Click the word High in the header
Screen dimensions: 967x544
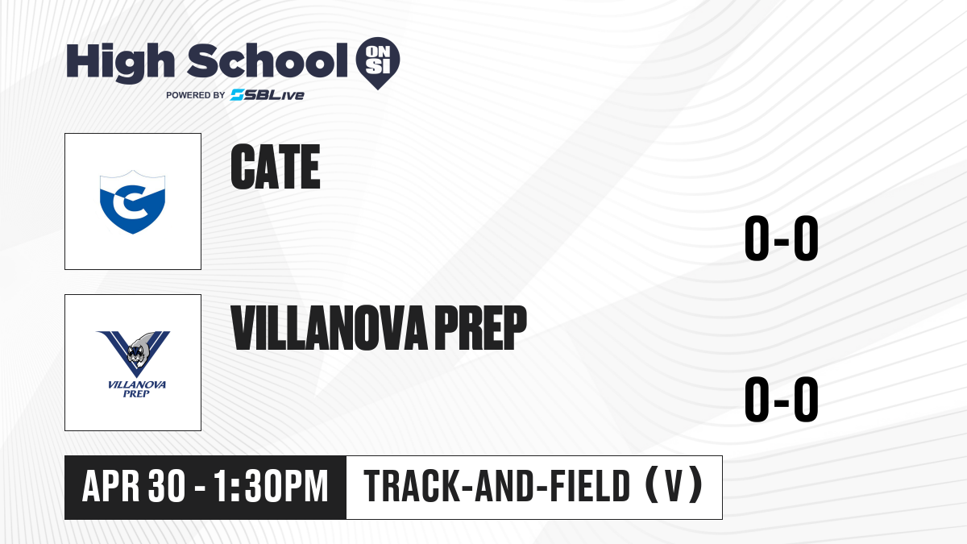(x=120, y=63)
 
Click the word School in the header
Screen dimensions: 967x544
(x=268, y=61)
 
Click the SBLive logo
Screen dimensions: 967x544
(x=268, y=95)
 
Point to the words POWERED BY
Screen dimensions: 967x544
(x=196, y=95)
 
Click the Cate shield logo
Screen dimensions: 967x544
(x=132, y=202)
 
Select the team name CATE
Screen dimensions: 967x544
(x=276, y=167)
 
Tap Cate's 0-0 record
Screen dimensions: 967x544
(x=782, y=239)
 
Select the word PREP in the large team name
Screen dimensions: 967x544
(x=480, y=328)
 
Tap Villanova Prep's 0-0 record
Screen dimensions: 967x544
(x=782, y=400)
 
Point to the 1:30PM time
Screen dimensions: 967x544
(x=271, y=487)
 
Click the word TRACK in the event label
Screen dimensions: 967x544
(x=410, y=487)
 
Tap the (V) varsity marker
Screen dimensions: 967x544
(x=674, y=486)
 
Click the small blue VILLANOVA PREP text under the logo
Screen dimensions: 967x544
(x=136, y=389)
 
